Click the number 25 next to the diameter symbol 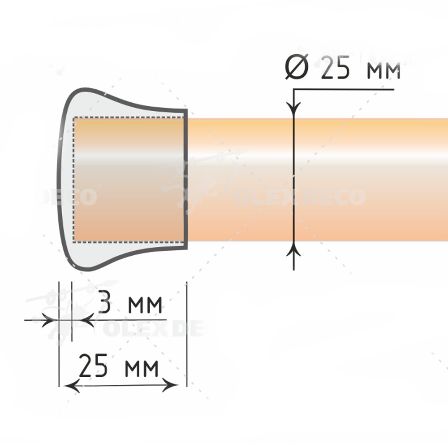pos(335,67)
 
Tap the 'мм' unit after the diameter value pos(383,71)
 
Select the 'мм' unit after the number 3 pos(145,305)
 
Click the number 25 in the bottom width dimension pos(93,366)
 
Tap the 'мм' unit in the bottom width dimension pos(142,369)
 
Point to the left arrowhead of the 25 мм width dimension pos(71,386)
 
